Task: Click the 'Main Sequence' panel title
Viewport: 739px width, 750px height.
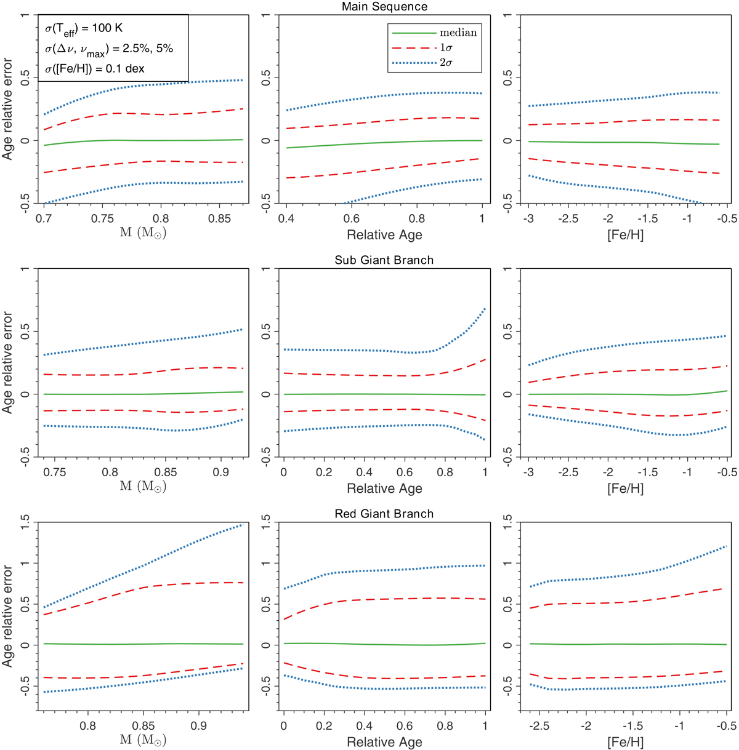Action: (384, 7)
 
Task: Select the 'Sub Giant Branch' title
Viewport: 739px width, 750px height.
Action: (384, 260)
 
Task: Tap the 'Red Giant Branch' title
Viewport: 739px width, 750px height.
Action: (384, 514)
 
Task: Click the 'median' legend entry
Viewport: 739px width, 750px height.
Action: (458, 33)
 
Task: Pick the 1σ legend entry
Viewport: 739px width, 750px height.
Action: (446, 47)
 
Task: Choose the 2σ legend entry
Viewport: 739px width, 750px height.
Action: (446, 62)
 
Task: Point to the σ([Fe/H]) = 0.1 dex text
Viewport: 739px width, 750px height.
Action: (95, 68)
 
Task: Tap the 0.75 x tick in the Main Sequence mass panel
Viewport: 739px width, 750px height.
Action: (102, 218)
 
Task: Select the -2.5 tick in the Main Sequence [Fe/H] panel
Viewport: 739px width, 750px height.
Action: (568, 218)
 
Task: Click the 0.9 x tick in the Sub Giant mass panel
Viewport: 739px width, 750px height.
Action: (221, 472)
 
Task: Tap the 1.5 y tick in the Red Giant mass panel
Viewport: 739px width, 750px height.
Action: (25, 522)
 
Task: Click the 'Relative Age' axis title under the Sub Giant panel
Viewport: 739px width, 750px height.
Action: (384, 489)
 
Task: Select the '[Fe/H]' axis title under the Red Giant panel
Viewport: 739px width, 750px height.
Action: (625, 742)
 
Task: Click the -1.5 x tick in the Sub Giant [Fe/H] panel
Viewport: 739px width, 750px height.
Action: (648, 472)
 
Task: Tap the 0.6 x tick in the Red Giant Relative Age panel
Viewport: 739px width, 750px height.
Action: (405, 725)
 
